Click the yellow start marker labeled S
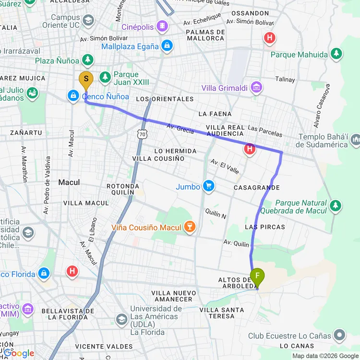pos(86,80)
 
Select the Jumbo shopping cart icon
pos(208,186)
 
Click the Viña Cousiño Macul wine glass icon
pos(190,227)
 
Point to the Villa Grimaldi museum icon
pos(257,87)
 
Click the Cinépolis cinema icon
pos(163,26)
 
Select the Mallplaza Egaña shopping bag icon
pos(167,46)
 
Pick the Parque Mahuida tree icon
pos(336,54)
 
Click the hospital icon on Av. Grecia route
pos(250,149)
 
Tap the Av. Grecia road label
pos(180,128)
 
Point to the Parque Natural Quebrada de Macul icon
pos(336,205)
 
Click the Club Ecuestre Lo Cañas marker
pos(340,335)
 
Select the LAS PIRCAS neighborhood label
pos(264,227)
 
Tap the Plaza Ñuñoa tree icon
pos(87,60)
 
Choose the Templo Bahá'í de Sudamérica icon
pos(356,140)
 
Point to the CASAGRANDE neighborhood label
pos(256,187)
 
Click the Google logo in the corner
pos(19,353)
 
